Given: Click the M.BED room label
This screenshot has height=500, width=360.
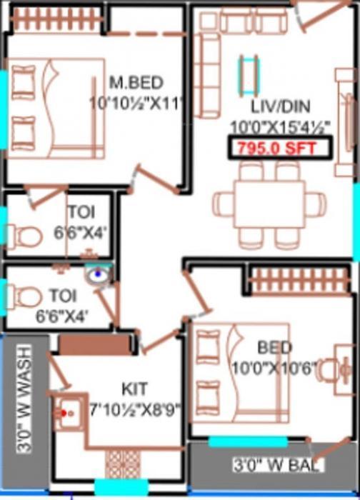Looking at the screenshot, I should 135,80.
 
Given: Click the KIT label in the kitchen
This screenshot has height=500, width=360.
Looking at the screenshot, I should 134,390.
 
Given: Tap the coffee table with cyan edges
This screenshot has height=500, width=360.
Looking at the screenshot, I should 249,73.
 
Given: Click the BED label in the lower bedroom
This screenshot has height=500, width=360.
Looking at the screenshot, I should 275,349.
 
